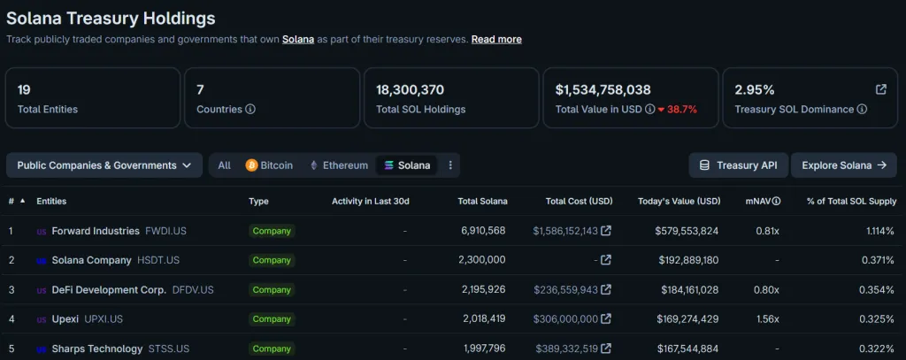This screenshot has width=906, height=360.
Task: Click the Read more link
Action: (496, 40)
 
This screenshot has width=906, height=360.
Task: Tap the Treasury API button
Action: (738, 165)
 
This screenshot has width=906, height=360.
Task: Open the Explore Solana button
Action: (843, 165)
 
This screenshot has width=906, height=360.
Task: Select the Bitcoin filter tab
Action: (269, 165)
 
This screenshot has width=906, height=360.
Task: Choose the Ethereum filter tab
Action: (338, 165)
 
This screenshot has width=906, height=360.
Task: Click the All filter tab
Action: (225, 165)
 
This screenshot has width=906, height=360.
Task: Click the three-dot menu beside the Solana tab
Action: (450, 165)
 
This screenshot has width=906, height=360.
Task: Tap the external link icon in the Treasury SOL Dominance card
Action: (881, 89)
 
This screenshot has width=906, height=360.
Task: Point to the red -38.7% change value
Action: (678, 110)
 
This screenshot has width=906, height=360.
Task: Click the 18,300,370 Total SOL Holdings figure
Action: (410, 89)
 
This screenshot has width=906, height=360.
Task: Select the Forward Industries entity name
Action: (96, 231)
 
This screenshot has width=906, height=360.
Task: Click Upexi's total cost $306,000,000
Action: (565, 319)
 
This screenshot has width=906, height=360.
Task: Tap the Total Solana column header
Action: (482, 202)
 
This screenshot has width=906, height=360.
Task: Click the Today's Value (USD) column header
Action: (679, 202)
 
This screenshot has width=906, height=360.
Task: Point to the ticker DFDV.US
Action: (193, 290)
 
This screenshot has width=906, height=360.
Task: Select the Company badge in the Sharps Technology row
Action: (272, 349)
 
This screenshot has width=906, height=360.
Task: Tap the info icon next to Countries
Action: (250, 110)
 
